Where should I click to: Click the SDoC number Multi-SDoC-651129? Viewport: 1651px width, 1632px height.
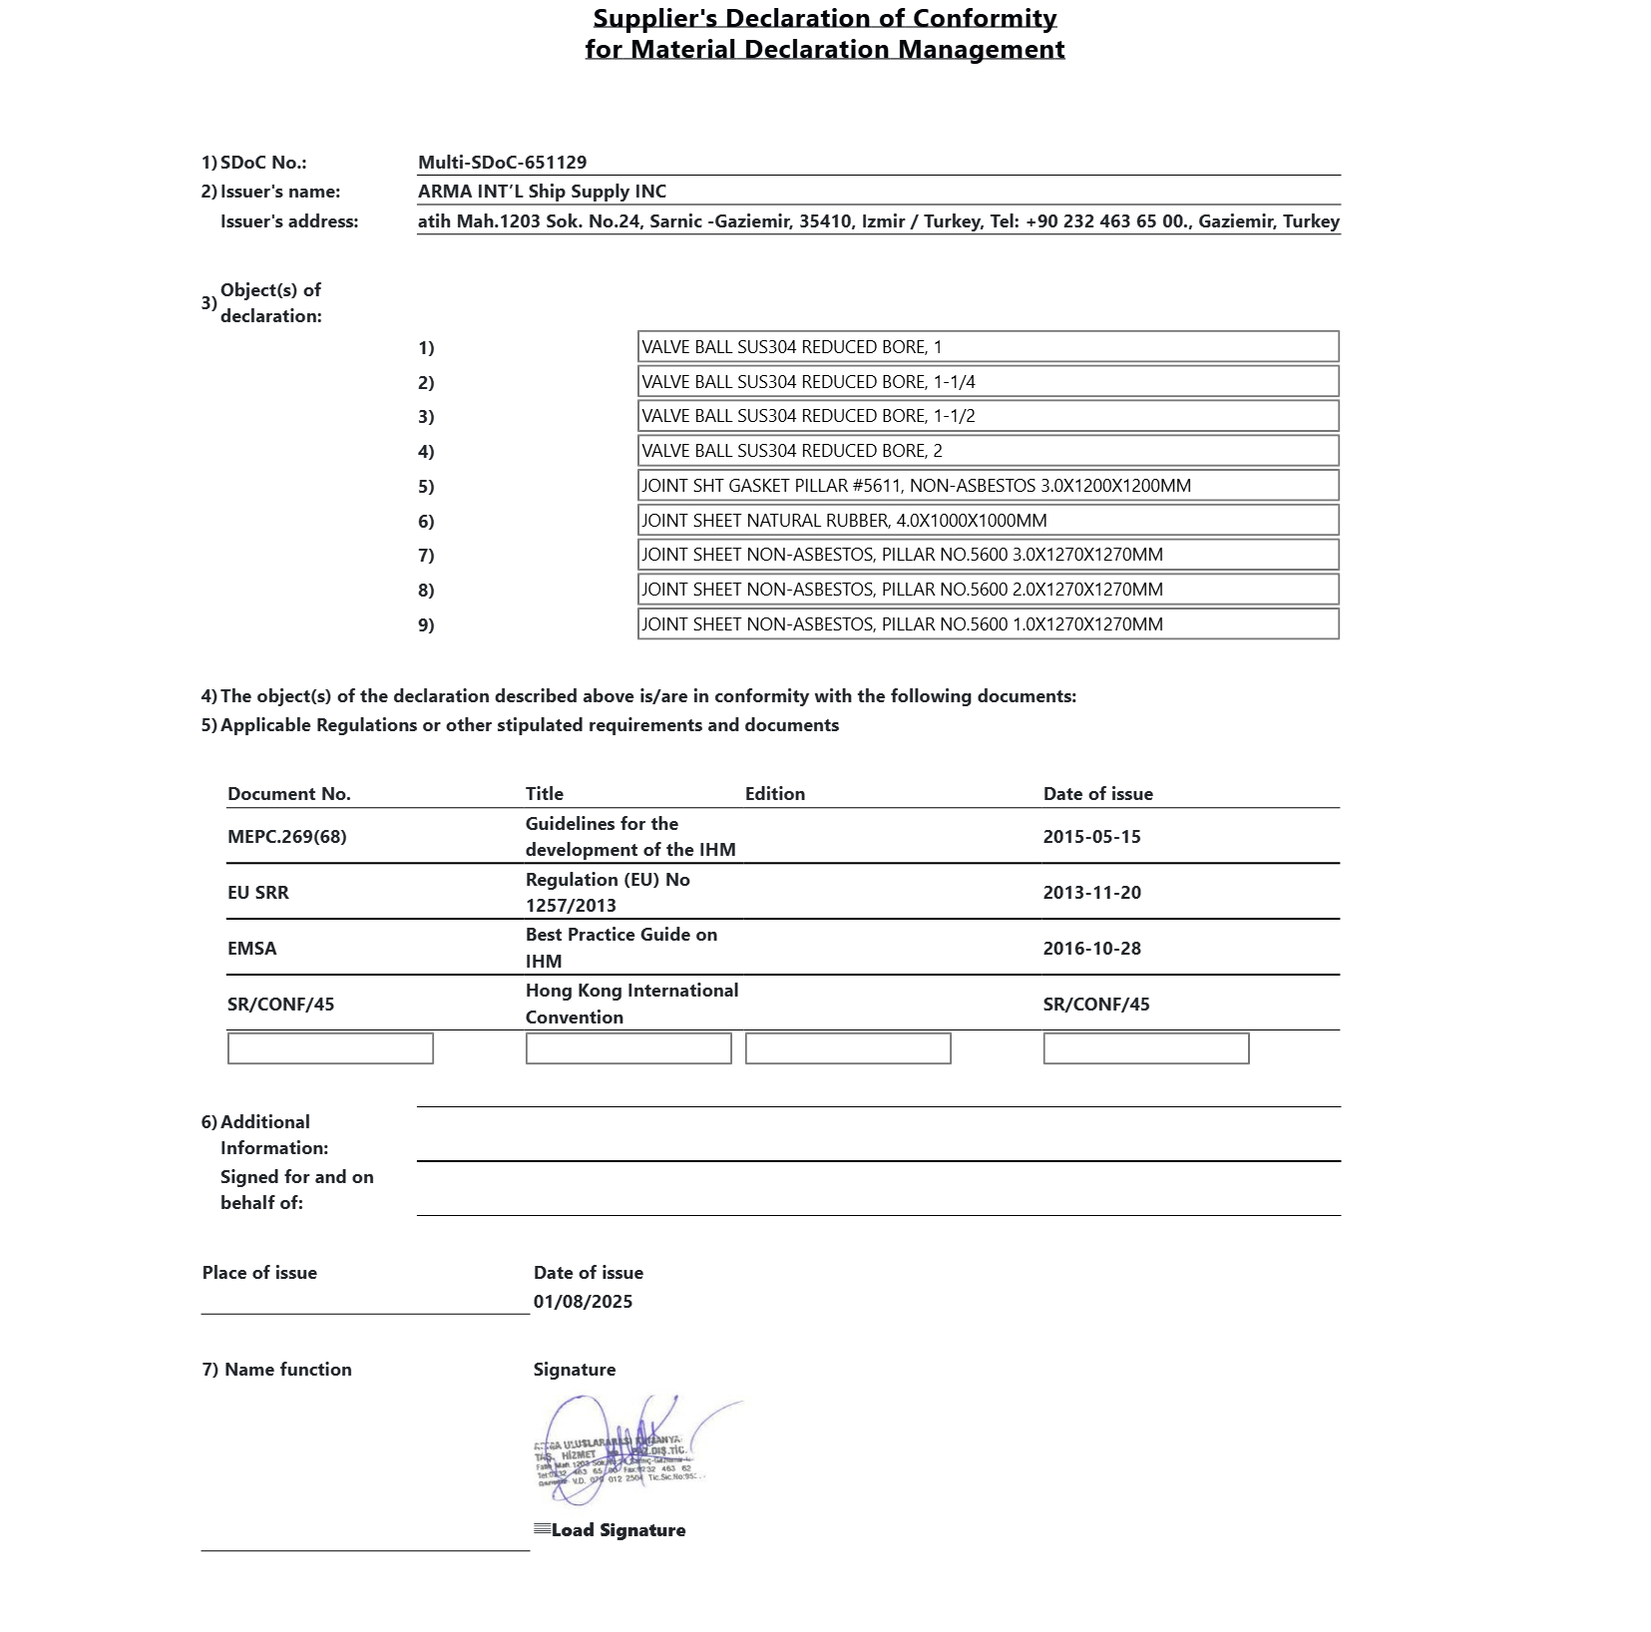click(502, 163)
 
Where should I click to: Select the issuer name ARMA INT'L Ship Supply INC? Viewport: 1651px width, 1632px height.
click(542, 192)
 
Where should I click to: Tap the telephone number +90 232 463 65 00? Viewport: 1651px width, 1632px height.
click(1106, 221)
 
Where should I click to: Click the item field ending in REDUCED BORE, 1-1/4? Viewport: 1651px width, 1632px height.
click(988, 382)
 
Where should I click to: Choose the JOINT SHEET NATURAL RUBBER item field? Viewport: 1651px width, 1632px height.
click(988, 521)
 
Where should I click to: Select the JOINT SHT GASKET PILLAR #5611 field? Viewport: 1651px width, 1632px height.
click(988, 486)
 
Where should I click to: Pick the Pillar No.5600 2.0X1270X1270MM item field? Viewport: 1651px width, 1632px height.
click(988, 590)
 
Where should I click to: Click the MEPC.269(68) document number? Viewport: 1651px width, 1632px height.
click(287, 837)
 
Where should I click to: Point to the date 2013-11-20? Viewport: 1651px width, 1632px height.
click(1091, 893)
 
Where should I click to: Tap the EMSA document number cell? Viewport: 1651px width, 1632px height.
click(252, 949)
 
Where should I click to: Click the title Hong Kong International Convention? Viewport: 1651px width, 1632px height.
click(631, 1004)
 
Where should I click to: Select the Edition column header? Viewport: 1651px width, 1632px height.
click(774, 794)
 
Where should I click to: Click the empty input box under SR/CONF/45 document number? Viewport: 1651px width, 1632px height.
click(330, 1048)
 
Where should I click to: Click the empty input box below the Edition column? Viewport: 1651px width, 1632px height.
click(848, 1048)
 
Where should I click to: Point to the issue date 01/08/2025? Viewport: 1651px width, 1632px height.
click(583, 1302)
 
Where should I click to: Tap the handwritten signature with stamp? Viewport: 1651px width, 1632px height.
click(623, 1452)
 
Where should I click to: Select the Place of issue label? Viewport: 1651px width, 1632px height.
click(259, 1273)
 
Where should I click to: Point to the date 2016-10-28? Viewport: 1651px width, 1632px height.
click(1091, 949)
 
